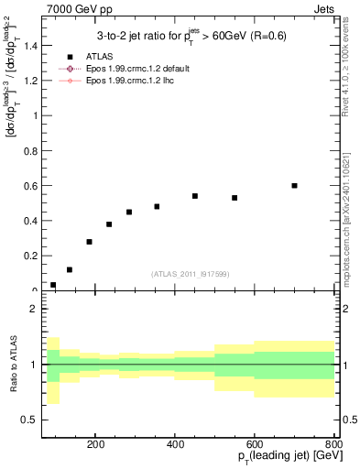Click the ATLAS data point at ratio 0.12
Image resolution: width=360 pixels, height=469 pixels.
70,269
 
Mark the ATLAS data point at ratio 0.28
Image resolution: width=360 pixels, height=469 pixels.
89,242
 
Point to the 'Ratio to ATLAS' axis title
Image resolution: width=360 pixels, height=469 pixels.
11,365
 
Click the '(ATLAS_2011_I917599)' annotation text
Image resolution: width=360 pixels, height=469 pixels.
191,274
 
